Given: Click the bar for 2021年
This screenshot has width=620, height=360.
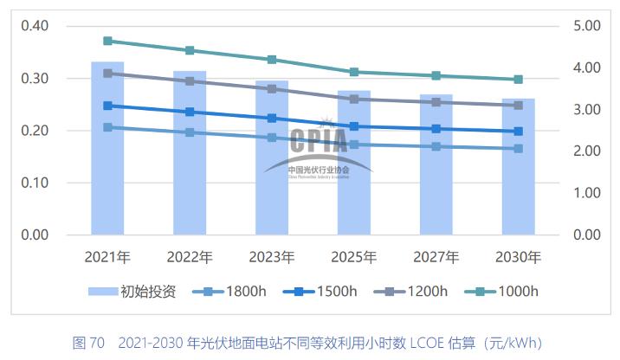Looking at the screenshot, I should [107, 148].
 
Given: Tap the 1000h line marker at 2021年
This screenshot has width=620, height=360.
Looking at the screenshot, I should [107, 41].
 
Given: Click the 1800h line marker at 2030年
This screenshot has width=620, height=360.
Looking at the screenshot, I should [519, 149].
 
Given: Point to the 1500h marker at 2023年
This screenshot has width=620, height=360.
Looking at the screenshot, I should [272, 118].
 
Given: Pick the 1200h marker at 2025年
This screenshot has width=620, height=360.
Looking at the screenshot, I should [354, 99].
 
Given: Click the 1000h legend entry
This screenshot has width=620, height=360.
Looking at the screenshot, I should [507, 291].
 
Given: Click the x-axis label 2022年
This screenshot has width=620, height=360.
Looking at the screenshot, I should [190, 257].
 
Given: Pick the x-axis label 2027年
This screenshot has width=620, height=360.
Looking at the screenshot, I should [436, 257].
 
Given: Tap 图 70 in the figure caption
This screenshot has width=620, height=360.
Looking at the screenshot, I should [88, 342].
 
